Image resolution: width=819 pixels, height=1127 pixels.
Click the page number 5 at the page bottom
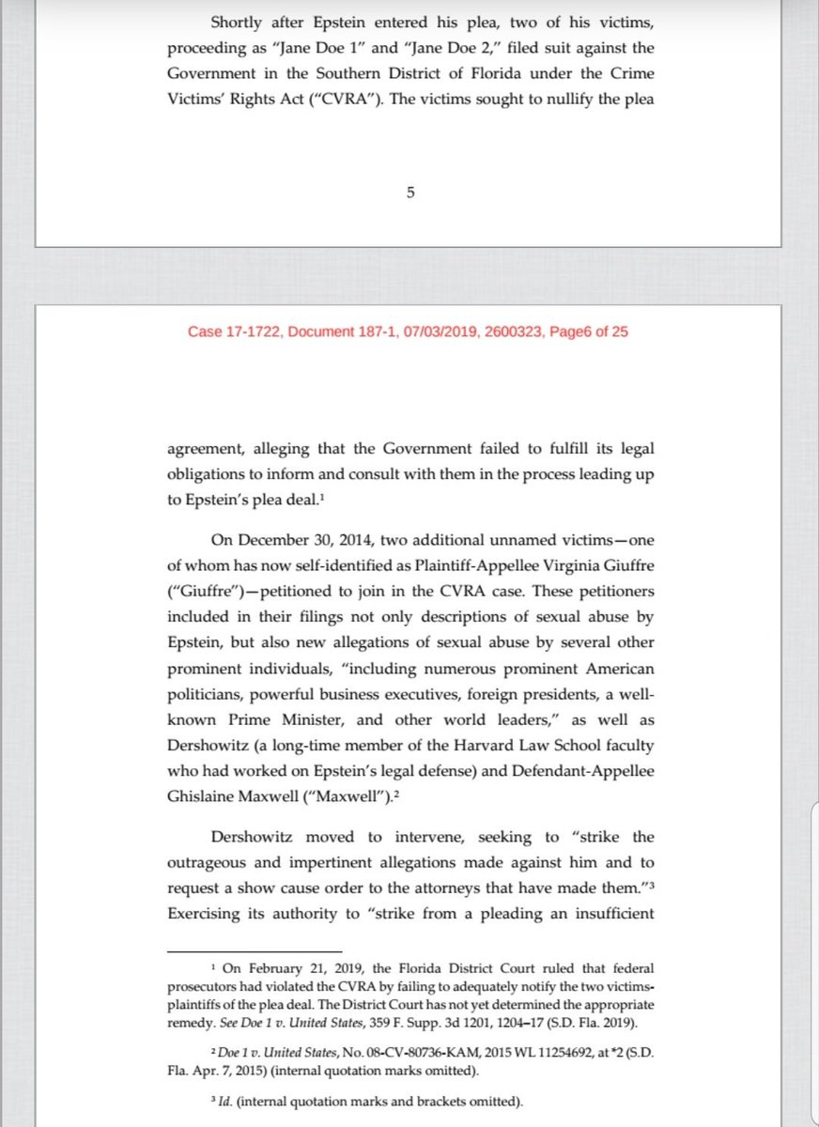(x=409, y=193)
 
